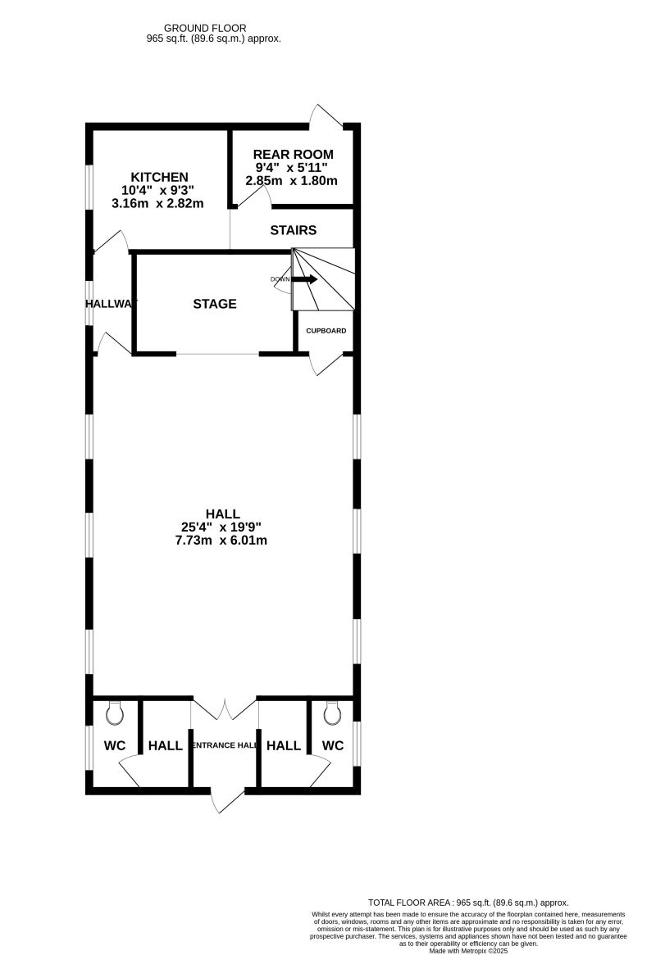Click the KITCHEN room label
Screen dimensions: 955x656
(160, 177)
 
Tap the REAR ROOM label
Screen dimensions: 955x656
(293, 155)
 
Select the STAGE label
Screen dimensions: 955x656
(215, 304)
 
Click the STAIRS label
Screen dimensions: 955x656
(293, 230)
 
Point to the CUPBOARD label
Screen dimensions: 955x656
(326, 331)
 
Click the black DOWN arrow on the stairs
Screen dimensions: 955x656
(305, 279)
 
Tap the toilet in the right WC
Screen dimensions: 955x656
(332, 714)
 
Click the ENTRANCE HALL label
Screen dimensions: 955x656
(224, 746)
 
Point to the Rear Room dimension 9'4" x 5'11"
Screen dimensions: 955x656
(293, 168)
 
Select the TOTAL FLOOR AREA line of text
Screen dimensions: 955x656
(468, 902)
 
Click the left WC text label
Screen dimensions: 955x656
(115, 746)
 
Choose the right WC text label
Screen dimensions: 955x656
(332, 746)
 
